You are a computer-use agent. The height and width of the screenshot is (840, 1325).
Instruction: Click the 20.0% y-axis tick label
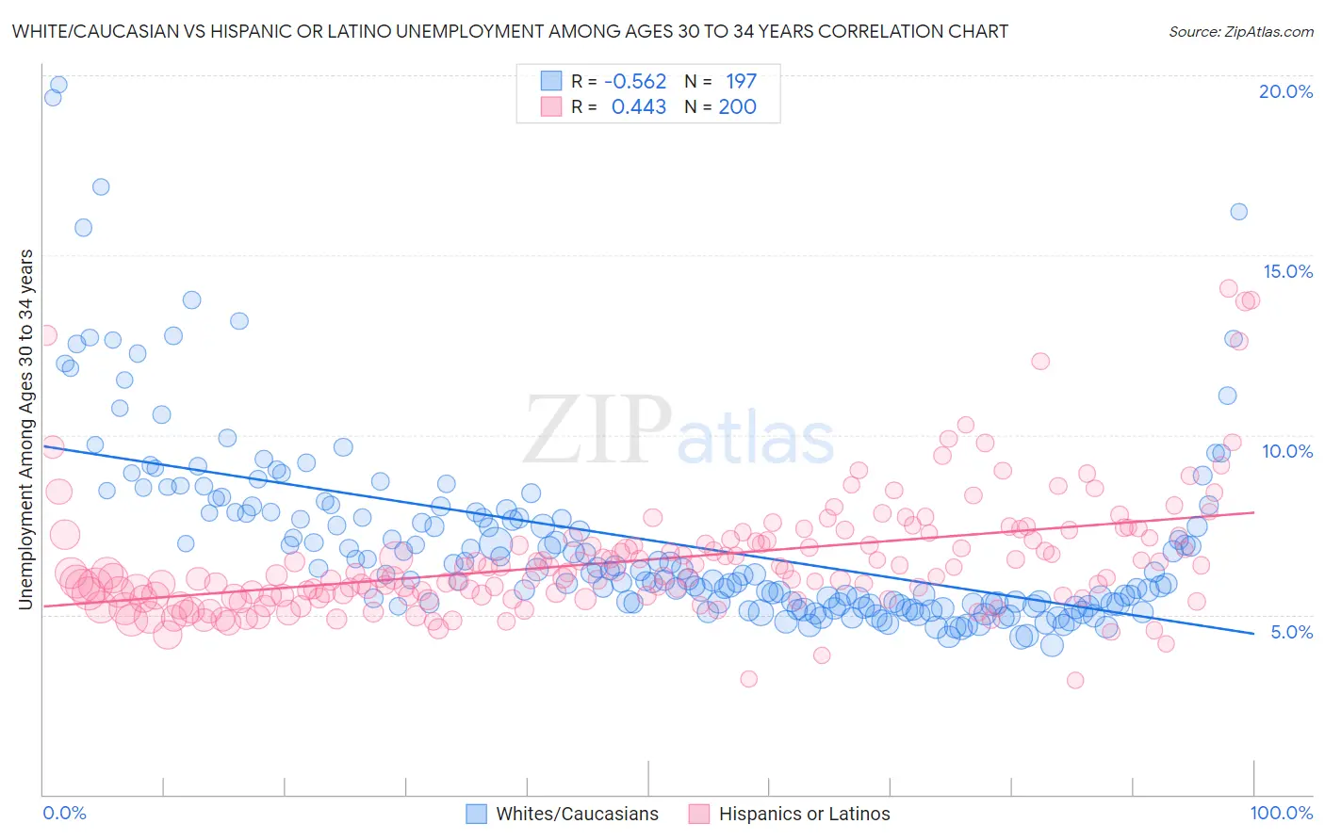point(1285,91)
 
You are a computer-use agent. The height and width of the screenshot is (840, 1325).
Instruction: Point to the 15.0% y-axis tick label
point(1287,271)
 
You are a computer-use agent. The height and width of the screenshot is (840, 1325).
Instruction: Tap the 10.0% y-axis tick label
point(1287,451)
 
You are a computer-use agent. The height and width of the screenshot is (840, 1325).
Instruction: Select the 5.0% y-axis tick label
point(1291,632)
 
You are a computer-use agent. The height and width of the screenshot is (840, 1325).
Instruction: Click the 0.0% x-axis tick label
point(65,814)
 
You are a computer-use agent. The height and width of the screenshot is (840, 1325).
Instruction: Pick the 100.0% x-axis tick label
point(1281,814)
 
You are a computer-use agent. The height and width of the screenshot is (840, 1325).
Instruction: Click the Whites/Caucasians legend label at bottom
point(577,815)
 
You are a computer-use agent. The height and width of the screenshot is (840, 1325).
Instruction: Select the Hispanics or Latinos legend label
point(804,815)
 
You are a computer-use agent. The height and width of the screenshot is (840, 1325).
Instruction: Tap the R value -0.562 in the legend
point(635,82)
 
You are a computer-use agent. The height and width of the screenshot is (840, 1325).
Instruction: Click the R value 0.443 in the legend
point(638,107)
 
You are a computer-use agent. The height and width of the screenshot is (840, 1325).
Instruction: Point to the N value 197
point(741,82)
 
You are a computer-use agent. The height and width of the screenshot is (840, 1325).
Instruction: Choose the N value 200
point(737,107)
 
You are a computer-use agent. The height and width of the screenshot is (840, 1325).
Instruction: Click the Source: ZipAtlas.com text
point(1240,32)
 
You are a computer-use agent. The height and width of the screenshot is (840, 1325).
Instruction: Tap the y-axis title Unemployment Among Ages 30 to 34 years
point(26,428)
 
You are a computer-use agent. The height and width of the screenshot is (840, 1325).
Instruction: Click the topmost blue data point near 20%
point(58,85)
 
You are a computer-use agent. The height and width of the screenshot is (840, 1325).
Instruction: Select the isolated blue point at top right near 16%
point(1238,212)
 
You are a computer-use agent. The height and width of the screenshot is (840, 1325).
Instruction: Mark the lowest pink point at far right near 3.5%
point(1074,680)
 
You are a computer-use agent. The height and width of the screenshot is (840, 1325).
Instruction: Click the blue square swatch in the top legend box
point(550,82)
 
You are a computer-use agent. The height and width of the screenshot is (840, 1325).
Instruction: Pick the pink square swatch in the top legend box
point(550,107)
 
